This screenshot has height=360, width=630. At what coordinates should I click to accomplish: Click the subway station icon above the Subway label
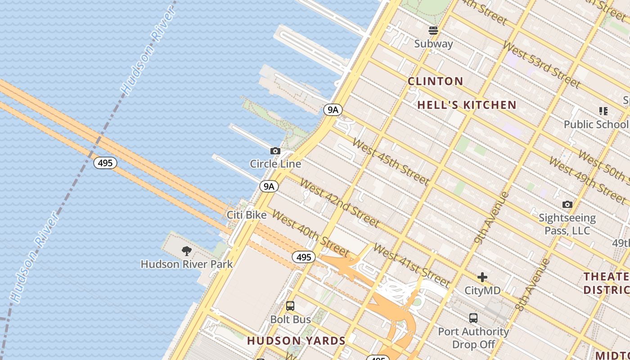(x=433, y=31)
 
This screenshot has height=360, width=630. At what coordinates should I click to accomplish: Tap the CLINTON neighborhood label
(x=435, y=81)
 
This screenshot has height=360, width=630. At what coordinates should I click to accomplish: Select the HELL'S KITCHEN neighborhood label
(x=467, y=105)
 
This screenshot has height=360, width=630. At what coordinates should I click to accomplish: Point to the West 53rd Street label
(x=541, y=64)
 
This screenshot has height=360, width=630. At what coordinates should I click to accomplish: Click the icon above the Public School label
(x=603, y=111)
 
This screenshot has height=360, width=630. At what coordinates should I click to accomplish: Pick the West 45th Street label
(x=390, y=162)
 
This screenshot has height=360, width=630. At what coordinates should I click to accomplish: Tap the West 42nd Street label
(x=339, y=202)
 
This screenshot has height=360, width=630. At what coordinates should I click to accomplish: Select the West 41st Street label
(x=411, y=265)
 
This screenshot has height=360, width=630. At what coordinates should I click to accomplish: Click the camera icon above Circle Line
(x=275, y=151)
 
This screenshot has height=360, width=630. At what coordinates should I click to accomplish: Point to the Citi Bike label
(x=247, y=215)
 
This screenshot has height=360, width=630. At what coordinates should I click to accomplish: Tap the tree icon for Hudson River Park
(x=187, y=251)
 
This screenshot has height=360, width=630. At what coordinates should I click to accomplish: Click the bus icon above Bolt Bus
(x=290, y=306)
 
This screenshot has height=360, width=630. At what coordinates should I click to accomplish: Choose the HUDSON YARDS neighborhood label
(x=296, y=341)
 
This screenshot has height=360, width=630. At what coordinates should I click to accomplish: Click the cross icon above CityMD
(x=482, y=277)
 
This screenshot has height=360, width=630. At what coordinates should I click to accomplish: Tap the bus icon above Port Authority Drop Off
(x=473, y=318)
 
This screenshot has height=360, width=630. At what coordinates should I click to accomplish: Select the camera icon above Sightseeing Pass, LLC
(x=567, y=205)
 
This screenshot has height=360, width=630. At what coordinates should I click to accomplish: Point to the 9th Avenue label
(x=491, y=218)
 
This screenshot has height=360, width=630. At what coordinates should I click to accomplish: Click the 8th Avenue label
(x=533, y=284)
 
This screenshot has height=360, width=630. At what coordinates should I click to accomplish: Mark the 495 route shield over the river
(x=105, y=163)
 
